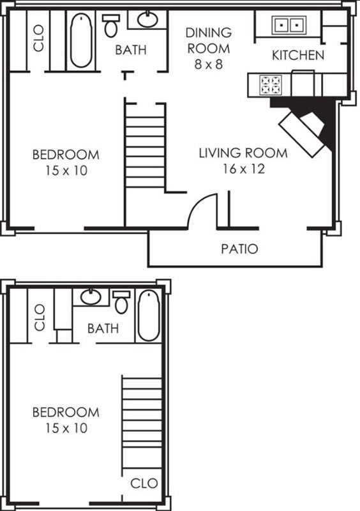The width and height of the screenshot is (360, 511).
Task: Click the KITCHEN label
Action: (x=298, y=55)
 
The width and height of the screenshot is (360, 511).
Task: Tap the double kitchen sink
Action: (x=289, y=25)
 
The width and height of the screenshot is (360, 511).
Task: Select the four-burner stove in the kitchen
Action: (x=271, y=85)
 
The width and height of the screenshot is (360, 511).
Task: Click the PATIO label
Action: (x=239, y=248)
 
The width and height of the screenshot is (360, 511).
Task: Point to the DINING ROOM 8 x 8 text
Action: (x=209, y=49)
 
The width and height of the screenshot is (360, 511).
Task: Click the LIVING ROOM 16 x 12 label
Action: (x=243, y=161)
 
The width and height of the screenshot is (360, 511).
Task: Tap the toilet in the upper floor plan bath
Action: (x=111, y=26)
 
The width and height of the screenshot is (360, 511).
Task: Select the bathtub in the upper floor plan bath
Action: (x=81, y=40)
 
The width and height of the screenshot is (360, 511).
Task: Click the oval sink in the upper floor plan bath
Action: (x=147, y=19)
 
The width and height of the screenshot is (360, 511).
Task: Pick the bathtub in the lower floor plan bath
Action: (x=149, y=315)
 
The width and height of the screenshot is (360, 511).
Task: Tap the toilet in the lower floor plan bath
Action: (x=121, y=302)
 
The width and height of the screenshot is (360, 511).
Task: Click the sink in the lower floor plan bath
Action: (x=91, y=296)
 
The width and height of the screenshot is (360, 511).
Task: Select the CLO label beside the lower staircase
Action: (x=144, y=484)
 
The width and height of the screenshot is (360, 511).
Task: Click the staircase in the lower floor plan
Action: (x=142, y=423)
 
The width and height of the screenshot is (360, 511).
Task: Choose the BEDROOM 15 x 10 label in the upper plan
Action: (x=66, y=162)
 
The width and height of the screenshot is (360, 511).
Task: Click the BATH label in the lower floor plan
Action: (x=103, y=328)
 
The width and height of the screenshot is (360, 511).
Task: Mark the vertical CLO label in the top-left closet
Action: (x=38, y=38)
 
